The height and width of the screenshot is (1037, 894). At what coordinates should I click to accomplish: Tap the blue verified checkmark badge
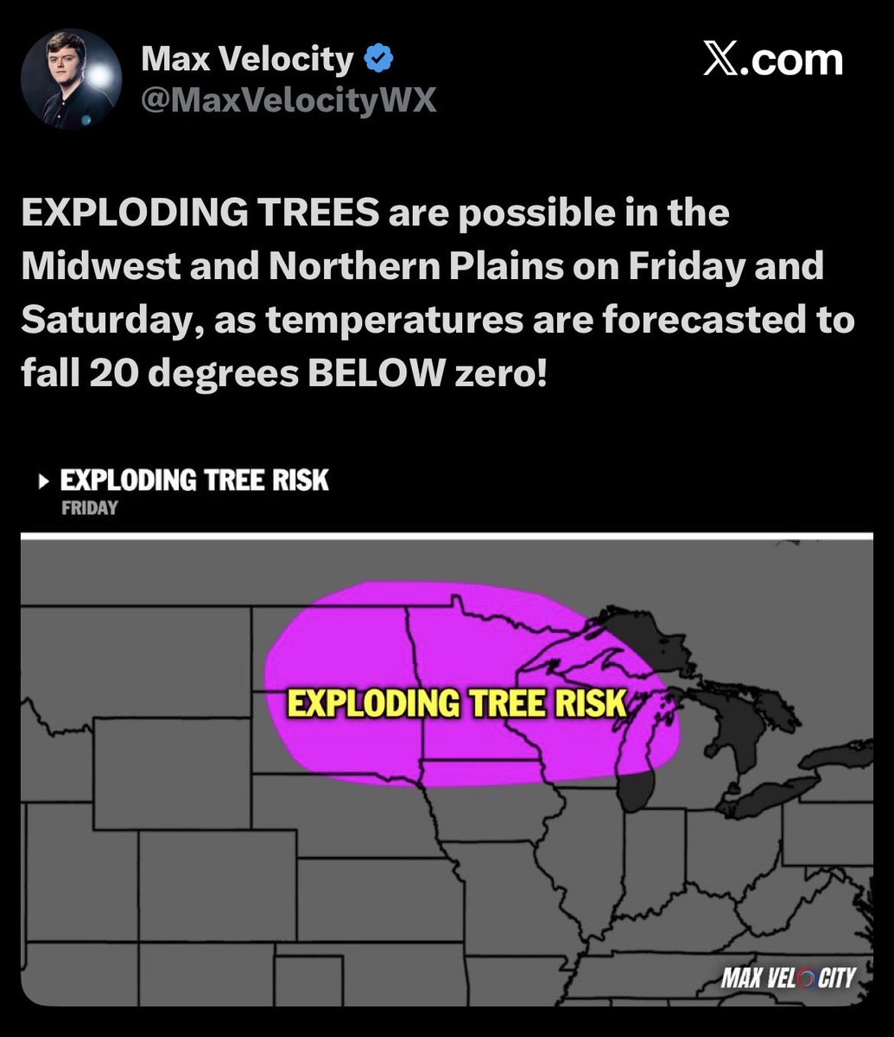click(379, 60)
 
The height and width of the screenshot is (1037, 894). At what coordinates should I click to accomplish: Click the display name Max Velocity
click(247, 60)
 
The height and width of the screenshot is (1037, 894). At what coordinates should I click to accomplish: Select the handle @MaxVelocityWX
click(288, 100)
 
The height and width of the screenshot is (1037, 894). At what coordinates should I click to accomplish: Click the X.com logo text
click(773, 60)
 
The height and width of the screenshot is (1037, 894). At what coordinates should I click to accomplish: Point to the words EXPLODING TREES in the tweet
click(199, 213)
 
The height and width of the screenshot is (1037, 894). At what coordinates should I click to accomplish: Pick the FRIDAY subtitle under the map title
click(89, 508)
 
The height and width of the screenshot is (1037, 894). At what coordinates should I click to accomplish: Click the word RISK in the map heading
click(301, 480)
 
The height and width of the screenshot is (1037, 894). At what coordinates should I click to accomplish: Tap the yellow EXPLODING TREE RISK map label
click(455, 703)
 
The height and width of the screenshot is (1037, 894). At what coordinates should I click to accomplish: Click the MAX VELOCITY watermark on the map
click(789, 977)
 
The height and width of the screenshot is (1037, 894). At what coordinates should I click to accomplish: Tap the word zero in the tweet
click(501, 374)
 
